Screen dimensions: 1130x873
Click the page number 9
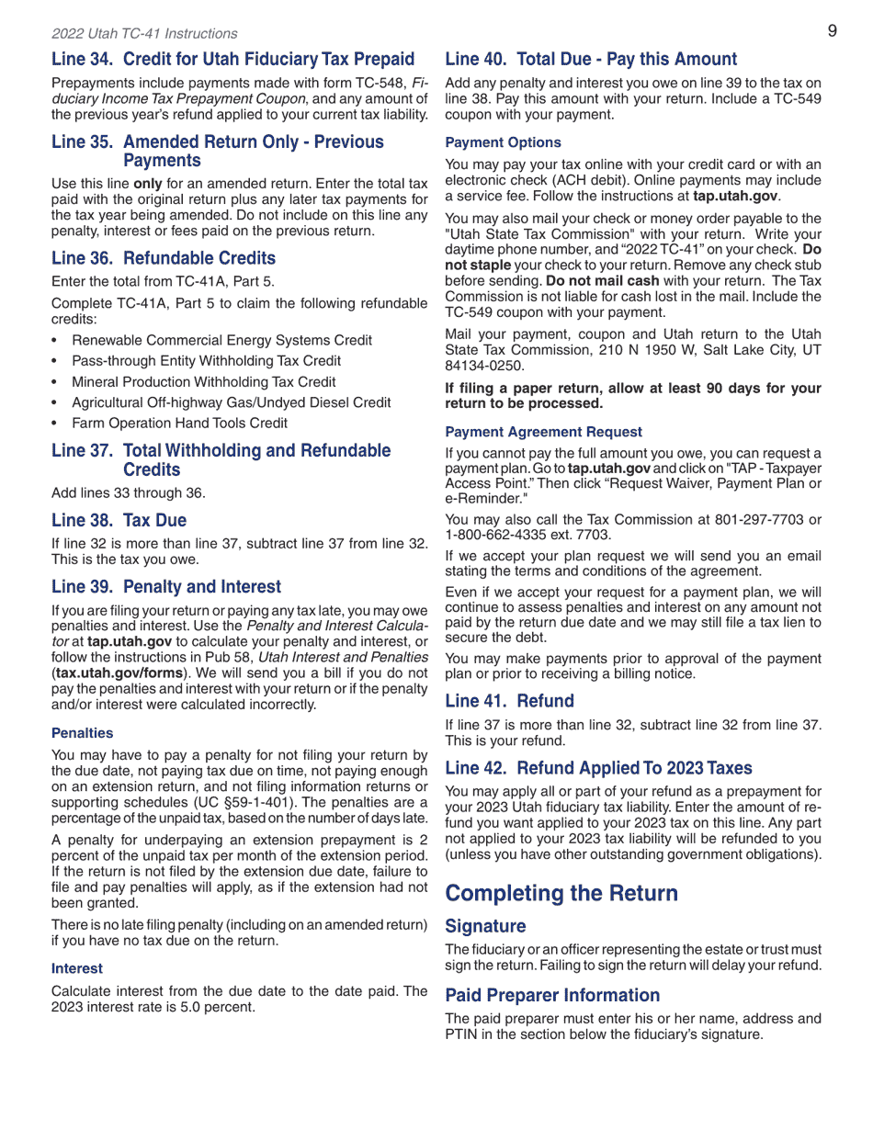pyautogui.click(x=832, y=31)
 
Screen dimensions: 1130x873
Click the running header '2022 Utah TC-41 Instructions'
pyautogui.click(x=144, y=34)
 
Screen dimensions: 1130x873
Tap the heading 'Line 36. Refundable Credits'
pyautogui.click(x=164, y=258)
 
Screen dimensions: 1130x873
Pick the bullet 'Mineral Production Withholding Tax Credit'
pyautogui.click(x=203, y=382)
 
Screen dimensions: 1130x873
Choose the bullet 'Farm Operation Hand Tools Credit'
pyautogui.click(x=179, y=424)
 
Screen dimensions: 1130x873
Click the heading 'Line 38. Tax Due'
pyautogui.click(x=119, y=521)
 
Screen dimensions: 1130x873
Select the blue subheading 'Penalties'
pyautogui.click(x=83, y=733)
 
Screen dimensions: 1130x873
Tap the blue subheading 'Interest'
pyautogui.click(x=77, y=968)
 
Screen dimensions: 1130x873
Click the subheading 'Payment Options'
pyautogui.click(x=503, y=142)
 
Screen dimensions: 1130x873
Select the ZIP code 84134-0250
pyautogui.click(x=484, y=366)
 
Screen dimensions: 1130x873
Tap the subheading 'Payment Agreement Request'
pyautogui.click(x=543, y=432)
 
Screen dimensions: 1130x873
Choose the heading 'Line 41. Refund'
pyautogui.click(x=509, y=702)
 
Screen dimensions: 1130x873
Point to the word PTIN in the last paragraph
pyautogui.click(x=465, y=1034)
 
